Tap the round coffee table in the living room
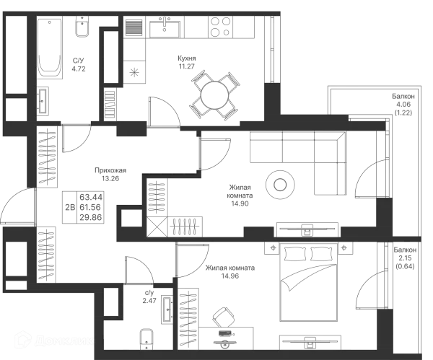pos(278,185)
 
